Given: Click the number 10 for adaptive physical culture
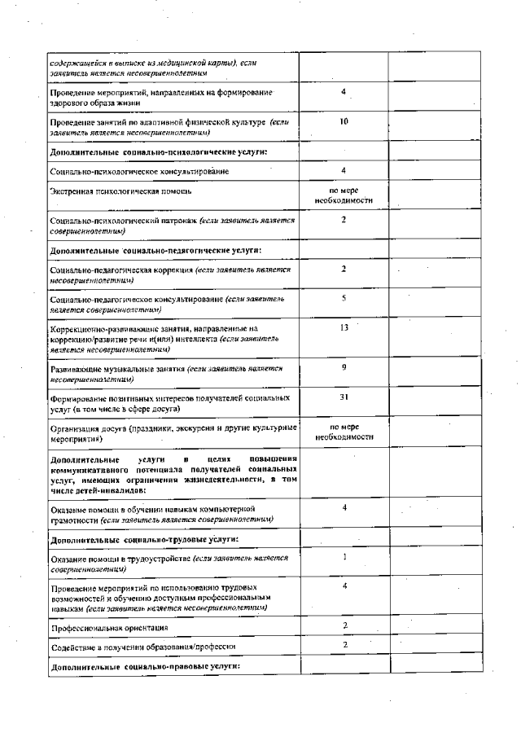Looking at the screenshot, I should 344,121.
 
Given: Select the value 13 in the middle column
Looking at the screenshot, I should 344,327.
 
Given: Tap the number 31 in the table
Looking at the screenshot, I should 344,397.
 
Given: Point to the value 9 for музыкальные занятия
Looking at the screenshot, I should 344,367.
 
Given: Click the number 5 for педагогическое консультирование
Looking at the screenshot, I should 344,298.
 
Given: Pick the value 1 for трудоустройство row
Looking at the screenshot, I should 345,557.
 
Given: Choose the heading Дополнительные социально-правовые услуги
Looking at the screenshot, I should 145,666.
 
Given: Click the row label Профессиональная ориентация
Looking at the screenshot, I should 110,628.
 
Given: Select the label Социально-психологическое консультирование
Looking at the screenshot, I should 139,172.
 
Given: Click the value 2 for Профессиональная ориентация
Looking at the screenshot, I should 345,625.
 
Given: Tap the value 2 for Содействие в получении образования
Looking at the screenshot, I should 345,644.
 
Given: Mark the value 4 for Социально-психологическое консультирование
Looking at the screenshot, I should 344,170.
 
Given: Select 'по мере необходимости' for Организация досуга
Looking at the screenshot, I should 344,432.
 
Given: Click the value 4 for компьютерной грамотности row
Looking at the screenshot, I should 345,507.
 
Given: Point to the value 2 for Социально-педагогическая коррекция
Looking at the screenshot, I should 344,268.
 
